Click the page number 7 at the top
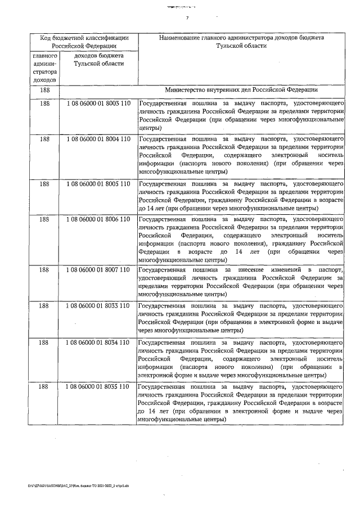click(x=186, y=18)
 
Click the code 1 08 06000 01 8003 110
click(x=98, y=104)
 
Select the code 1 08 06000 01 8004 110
click(x=98, y=138)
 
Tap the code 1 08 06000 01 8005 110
click(x=98, y=183)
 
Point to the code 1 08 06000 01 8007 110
click(x=98, y=271)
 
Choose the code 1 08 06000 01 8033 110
click(x=98, y=305)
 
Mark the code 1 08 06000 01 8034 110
click(x=98, y=342)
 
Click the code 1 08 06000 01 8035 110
click(x=98, y=388)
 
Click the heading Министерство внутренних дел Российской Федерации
click(x=241, y=90)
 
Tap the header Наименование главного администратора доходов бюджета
click(x=241, y=42)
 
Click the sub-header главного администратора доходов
click(x=44, y=69)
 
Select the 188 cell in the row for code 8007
click(x=44, y=271)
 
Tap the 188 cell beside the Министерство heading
click(x=44, y=90)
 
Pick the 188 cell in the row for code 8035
click(x=44, y=388)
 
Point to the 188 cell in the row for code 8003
click(x=44, y=104)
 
